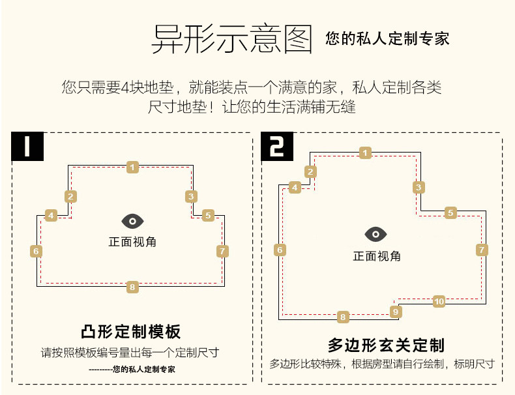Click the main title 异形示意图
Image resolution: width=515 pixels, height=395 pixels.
click(232, 38)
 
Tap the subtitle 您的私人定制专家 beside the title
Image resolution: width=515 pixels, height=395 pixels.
click(387, 38)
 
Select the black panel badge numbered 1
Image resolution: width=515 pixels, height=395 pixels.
click(27, 147)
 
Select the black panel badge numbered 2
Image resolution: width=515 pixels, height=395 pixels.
click(277, 147)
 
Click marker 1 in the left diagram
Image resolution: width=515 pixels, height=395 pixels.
click(133, 168)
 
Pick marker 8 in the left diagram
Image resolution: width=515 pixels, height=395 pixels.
click(133, 286)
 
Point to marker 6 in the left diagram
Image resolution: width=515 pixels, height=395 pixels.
click(37, 251)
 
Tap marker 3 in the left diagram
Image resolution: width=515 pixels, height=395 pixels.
click(191, 196)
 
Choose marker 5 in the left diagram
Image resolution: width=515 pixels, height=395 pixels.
click(208, 216)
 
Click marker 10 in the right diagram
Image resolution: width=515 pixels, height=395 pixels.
click(439, 301)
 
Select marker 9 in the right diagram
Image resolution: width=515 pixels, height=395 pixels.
click(395, 312)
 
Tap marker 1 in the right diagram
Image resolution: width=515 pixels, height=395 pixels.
click(365, 153)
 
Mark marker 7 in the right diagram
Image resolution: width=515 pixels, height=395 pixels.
click(482, 250)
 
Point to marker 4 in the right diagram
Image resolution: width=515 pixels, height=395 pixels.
click(295, 188)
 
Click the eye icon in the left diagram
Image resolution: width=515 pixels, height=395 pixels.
click(132, 221)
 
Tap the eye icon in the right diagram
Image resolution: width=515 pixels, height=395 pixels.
click(376, 235)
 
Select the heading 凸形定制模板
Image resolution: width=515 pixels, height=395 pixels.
click(131, 332)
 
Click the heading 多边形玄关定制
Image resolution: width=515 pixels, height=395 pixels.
click(386, 345)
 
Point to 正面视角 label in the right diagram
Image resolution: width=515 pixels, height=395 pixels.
click(377, 256)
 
